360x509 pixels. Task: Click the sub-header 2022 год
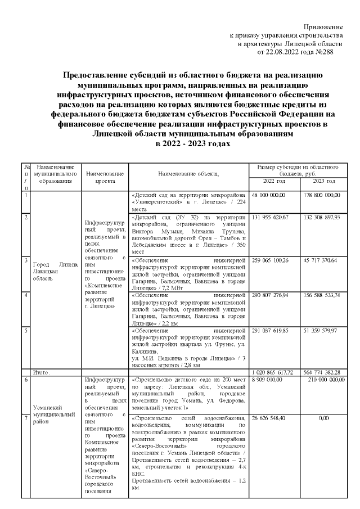pos(273,181)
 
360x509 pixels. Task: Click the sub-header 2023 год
pos(324,181)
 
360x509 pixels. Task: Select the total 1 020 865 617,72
pos(273,372)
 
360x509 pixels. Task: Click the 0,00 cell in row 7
pos(323,418)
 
